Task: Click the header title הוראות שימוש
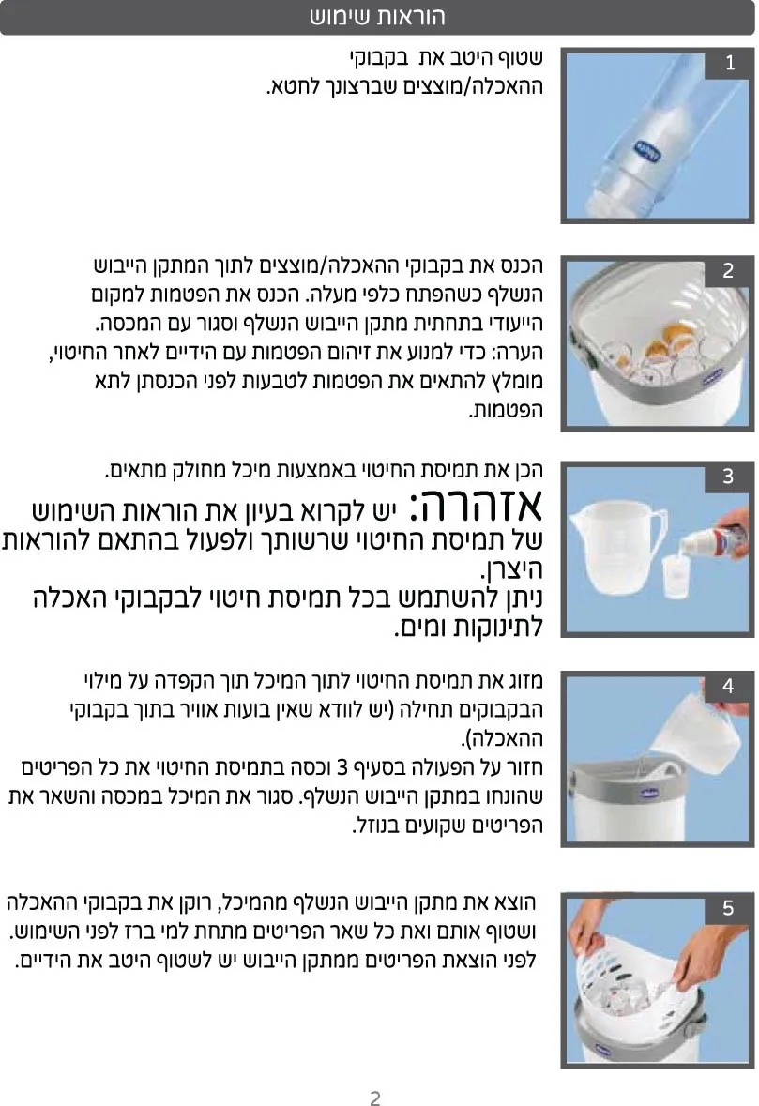[x=377, y=16]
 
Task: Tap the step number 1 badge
[x=730, y=63]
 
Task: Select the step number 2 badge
[x=729, y=270]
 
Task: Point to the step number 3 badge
[x=729, y=477]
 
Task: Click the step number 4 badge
[x=729, y=686]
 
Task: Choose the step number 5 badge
[x=729, y=908]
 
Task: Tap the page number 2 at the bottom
[x=375, y=1097]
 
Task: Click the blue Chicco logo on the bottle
[x=644, y=151]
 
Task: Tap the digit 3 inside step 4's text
[x=342, y=766]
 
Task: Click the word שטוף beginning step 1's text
[x=521, y=58]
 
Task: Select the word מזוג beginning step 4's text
[x=524, y=681]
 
